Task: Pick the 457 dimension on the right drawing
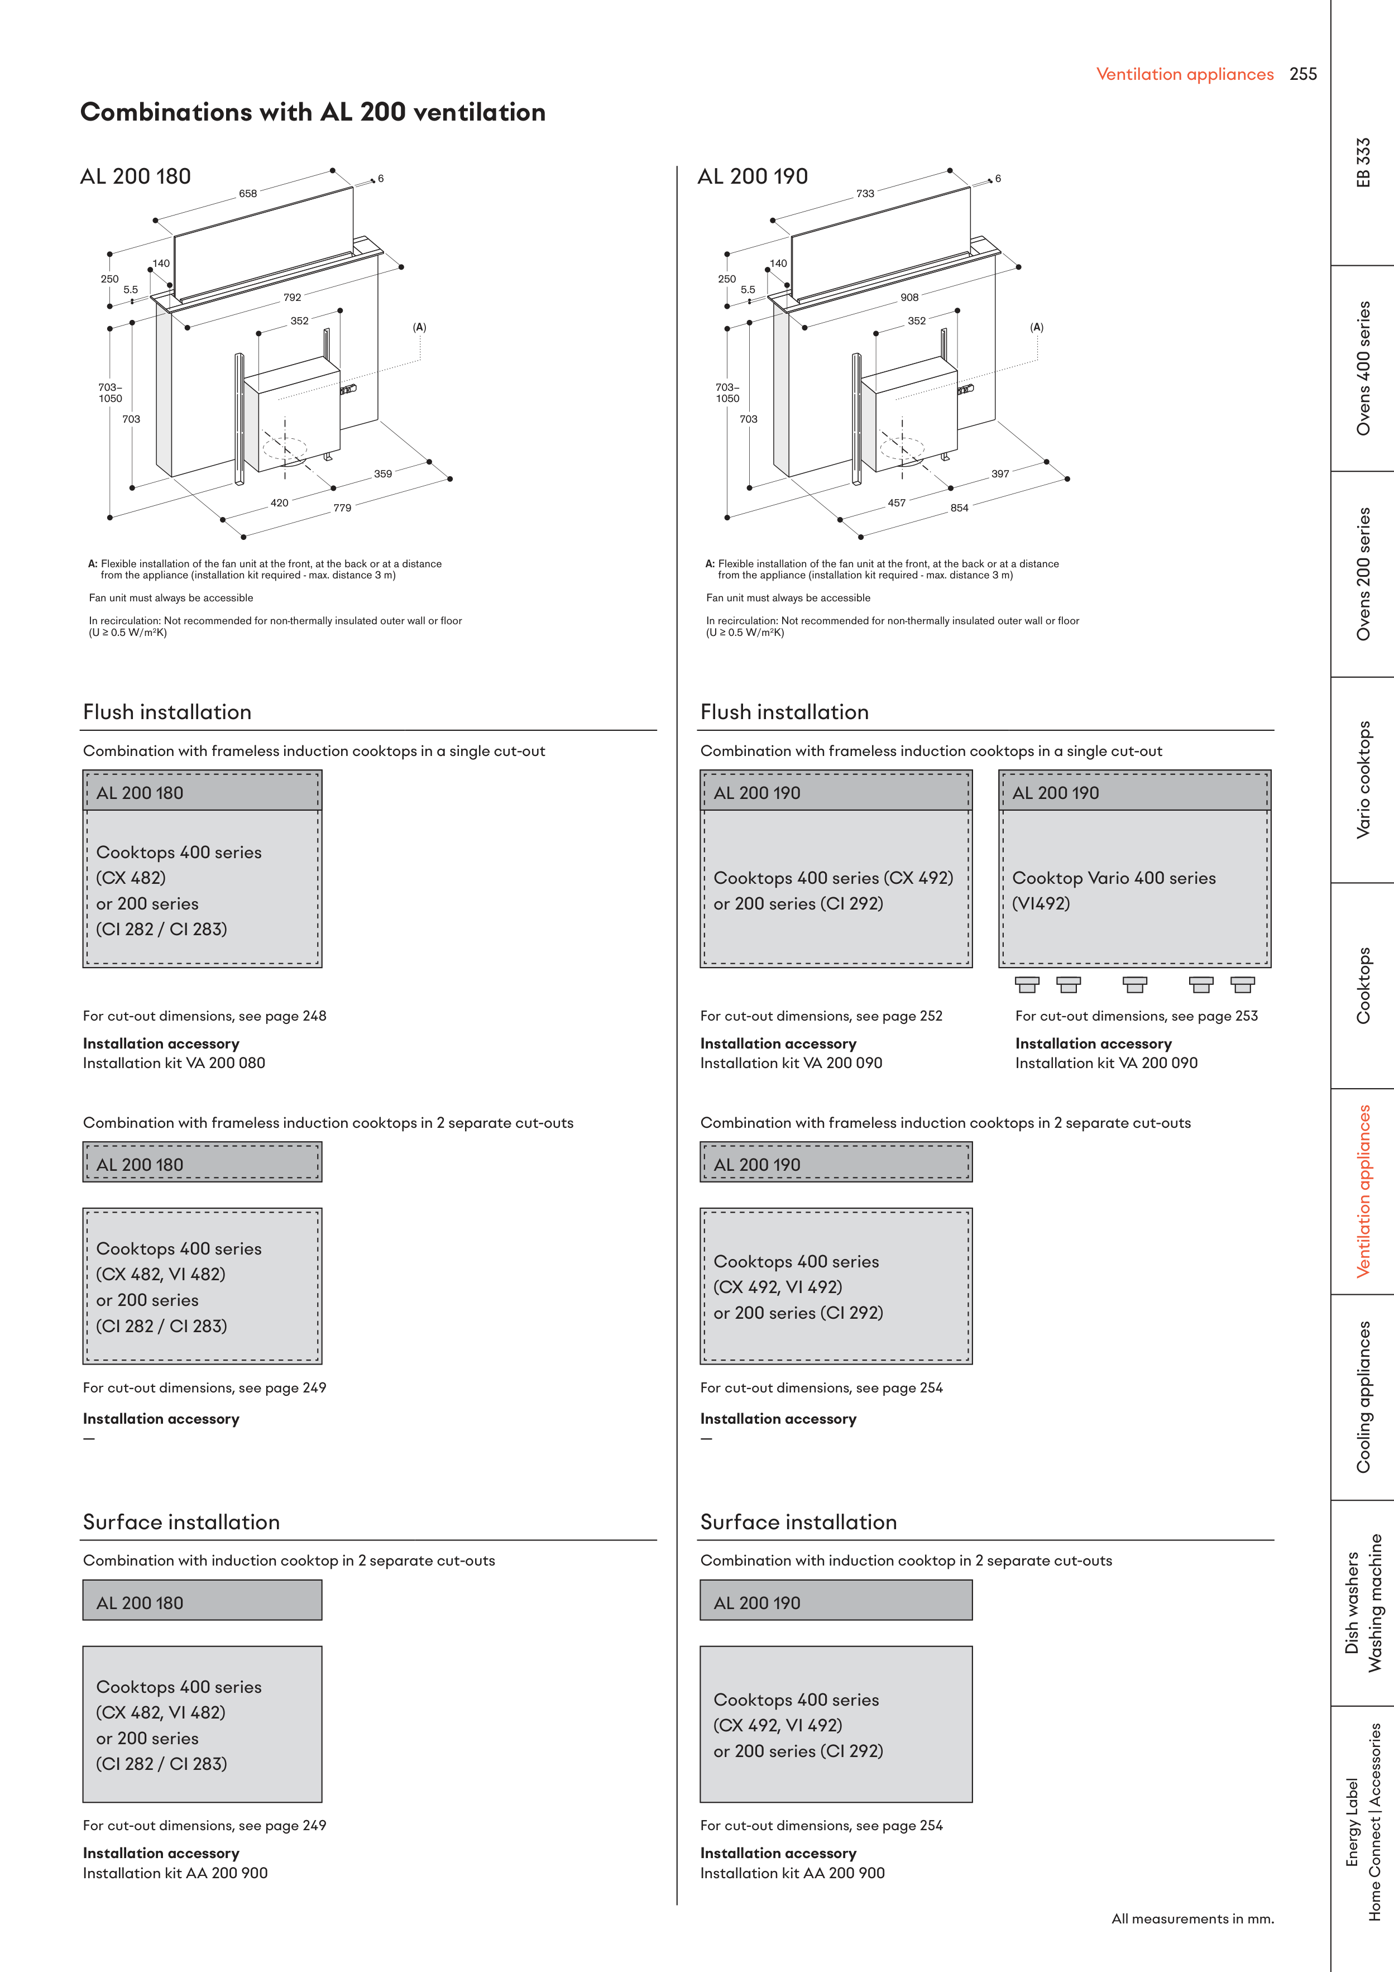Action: [896, 503]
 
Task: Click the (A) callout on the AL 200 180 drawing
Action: [419, 327]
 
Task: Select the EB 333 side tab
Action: [1363, 162]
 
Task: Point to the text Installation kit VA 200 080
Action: [174, 1063]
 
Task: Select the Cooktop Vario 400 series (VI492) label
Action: [1113, 890]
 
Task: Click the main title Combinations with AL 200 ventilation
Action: [313, 113]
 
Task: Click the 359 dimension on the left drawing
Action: [382, 474]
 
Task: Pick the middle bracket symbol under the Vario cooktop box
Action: [1134, 984]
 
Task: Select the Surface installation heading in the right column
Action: [798, 1522]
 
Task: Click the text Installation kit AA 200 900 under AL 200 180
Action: [175, 1873]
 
